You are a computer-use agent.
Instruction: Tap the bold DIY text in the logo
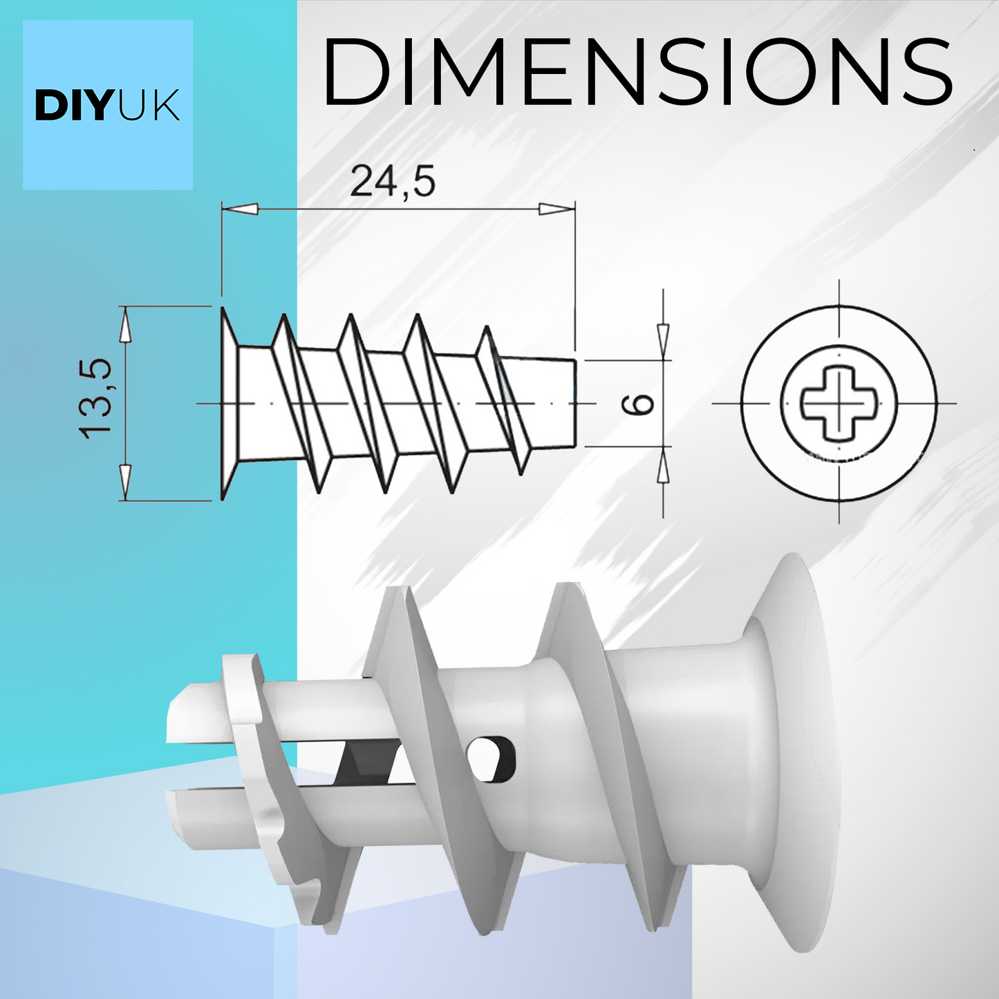tap(73, 106)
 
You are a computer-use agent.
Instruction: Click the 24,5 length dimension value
tap(393, 182)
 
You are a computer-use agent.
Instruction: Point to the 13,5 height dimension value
tap(95, 399)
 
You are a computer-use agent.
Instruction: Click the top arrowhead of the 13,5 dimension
tap(125, 326)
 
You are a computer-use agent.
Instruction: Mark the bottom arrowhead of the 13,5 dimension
tap(125, 481)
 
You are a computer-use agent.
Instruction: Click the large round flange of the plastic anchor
tap(795, 754)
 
